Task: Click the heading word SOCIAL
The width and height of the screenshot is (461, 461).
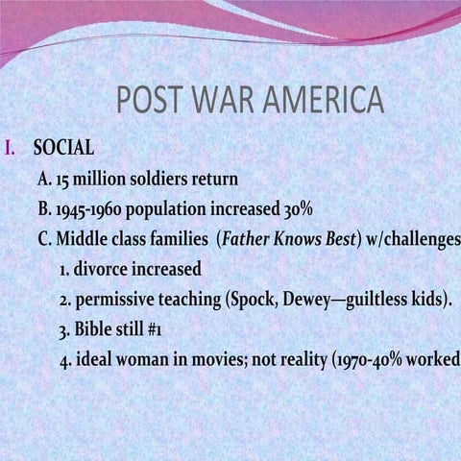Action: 63,149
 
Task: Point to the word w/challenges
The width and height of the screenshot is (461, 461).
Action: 413,238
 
